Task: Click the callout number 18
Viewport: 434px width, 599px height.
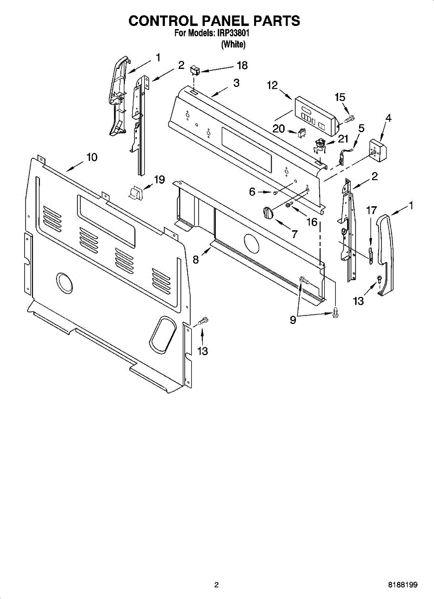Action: click(x=242, y=65)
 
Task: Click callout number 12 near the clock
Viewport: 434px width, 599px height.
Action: click(x=272, y=85)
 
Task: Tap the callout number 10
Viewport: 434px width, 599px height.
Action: click(x=91, y=157)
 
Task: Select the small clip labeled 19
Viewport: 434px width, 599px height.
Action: click(x=136, y=192)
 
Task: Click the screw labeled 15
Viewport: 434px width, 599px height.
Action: click(x=349, y=119)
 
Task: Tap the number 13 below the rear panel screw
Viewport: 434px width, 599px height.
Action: click(x=202, y=351)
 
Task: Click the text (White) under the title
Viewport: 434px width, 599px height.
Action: click(x=233, y=44)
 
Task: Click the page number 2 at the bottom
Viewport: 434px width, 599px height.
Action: click(x=216, y=585)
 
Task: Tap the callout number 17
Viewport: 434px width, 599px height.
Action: click(x=371, y=210)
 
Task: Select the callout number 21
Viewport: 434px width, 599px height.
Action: click(x=343, y=139)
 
